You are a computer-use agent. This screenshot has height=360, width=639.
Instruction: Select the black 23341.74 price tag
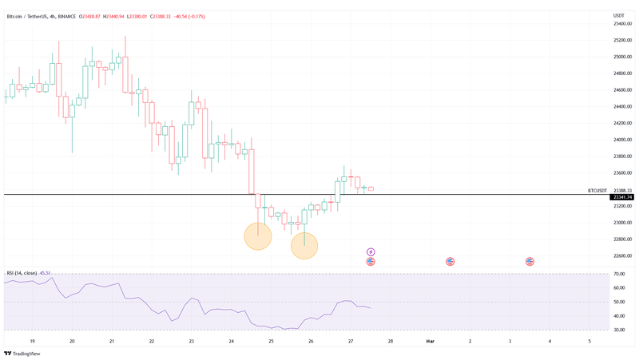point(621,197)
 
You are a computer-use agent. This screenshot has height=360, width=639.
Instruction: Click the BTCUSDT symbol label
point(597,191)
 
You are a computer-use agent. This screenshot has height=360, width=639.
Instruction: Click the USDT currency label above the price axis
point(618,16)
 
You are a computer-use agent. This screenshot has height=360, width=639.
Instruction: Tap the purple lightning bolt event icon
point(371,251)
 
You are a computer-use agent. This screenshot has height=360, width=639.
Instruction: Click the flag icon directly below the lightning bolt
point(371,262)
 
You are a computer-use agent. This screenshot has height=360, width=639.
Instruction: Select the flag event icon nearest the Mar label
point(450,262)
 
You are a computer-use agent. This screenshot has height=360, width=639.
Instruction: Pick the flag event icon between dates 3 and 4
point(530,262)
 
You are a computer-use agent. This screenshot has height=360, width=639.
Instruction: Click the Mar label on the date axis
point(430,341)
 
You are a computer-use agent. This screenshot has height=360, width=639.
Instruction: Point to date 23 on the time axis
point(192,341)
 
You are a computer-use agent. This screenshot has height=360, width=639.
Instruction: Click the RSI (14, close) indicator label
point(22,273)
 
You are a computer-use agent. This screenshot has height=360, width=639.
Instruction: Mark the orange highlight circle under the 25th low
point(257,235)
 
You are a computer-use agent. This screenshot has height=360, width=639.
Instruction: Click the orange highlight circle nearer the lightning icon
point(304,245)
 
